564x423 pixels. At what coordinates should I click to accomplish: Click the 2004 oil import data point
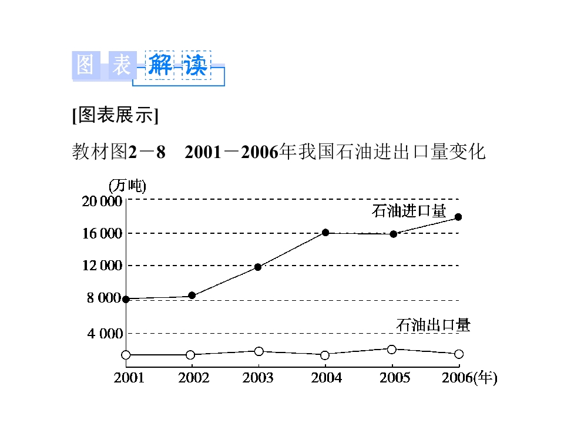[325, 233]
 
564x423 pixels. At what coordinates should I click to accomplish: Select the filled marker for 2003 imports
[258, 267]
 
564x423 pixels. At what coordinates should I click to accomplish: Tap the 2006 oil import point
[458, 217]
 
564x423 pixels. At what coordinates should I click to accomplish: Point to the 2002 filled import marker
[192, 295]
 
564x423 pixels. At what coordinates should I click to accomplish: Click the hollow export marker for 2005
[392, 350]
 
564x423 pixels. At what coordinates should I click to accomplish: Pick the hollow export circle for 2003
[258, 351]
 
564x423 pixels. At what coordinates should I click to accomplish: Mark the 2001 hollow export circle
[126, 355]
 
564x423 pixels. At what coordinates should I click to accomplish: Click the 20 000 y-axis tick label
[102, 202]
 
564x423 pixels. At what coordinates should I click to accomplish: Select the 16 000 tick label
[102, 234]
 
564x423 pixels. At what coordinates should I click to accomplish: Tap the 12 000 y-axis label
[102, 266]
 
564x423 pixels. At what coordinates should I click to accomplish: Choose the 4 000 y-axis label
[105, 334]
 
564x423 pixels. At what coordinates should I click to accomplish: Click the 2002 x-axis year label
[194, 378]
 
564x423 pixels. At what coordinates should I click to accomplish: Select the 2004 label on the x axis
[326, 378]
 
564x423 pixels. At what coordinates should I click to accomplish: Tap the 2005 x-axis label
[395, 378]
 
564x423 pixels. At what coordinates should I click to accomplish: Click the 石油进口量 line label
[409, 211]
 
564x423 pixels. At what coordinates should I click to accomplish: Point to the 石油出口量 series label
[433, 324]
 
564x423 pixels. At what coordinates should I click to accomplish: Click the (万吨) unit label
[127, 186]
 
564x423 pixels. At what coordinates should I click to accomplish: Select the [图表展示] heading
[115, 116]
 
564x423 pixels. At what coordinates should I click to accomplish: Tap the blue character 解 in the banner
[160, 65]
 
